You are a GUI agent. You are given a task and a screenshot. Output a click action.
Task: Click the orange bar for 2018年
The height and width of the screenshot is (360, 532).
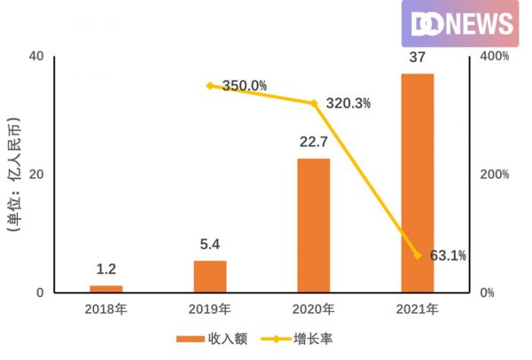pyautogui.click(x=106, y=289)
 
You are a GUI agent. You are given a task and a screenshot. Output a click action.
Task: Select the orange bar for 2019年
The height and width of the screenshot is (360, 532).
pyautogui.click(x=209, y=277)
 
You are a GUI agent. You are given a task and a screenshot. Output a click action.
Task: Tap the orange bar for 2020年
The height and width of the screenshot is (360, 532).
pyautogui.click(x=313, y=225)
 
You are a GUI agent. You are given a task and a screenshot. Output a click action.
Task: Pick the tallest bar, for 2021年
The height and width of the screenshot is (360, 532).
pyautogui.click(x=418, y=183)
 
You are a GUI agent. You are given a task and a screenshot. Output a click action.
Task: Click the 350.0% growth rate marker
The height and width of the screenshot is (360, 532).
pyautogui.click(x=210, y=86)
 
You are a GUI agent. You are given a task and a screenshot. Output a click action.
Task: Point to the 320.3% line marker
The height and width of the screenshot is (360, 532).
pyautogui.click(x=313, y=103)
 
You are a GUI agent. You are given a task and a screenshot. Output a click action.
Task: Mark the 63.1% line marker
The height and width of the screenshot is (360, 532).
pyautogui.click(x=418, y=255)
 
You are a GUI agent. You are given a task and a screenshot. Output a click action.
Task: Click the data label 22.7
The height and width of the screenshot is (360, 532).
pyautogui.click(x=313, y=143)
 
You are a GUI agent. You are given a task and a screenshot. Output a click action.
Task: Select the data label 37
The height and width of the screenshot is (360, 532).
pyautogui.click(x=418, y=58)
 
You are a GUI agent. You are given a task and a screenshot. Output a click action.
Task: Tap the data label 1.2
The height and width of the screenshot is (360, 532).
pyautogui.click(x=106, y=270)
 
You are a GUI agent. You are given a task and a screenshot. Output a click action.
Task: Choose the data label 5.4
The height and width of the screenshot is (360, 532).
pyautogui.click(x=209, y=245)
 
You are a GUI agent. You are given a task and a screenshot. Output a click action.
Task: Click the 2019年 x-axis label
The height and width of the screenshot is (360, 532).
pyautogui.click(x=210, y=309)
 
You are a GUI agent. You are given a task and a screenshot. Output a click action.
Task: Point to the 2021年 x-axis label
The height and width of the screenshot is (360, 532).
pyautogui.click(x=418, y=309)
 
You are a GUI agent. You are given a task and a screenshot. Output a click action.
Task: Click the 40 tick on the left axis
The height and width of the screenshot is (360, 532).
pyautogui.click(x=36, y=57)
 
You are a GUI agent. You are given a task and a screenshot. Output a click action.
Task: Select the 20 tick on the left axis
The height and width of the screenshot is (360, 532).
pyautogui.click(x=36, y=175)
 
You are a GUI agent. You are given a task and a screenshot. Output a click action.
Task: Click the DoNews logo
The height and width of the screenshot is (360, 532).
pyautogui.click(x=459, y=24)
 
